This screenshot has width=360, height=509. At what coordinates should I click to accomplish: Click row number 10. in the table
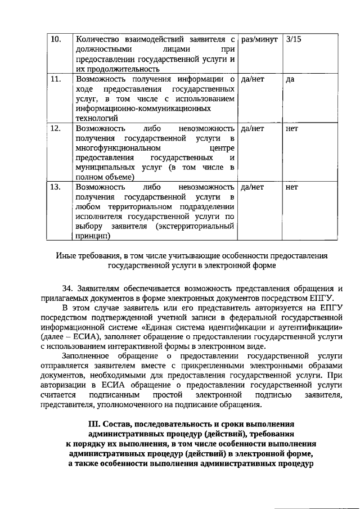coord(56,40)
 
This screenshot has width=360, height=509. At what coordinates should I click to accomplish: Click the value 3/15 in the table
coord(294,40)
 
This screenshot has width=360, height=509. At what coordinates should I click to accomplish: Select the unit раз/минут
coord(259,40)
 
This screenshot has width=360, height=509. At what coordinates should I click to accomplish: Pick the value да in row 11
coord(290,79)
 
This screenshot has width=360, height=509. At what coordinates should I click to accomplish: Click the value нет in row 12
coord(292,129)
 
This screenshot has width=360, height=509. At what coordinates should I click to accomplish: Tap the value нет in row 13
coord(292,187)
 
